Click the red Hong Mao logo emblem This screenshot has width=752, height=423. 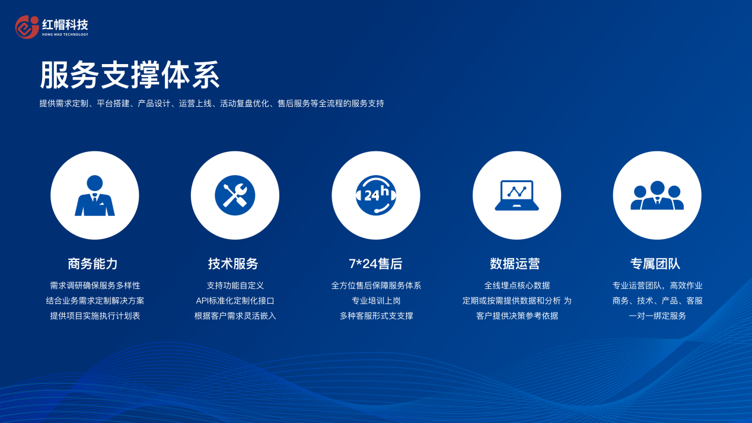click(27, 27)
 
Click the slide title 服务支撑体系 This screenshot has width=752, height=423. click(130, 75)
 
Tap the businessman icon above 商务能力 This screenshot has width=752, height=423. click(95, 195)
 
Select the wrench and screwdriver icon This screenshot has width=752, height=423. click(235, 195)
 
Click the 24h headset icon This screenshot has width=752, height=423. click(376, 195)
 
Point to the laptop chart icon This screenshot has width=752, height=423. click(517, 195)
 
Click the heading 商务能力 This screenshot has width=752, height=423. click(93, 264)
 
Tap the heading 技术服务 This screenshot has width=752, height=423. click(233, 264)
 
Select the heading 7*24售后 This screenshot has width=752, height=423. click(375, 264)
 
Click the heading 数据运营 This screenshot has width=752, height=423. click(515, 264)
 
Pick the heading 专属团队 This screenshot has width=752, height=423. click(655, 264)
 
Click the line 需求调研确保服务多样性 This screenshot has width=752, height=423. click(95, 286)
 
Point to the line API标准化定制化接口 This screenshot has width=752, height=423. click(235, 301)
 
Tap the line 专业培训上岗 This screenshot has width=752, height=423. click(376, 301)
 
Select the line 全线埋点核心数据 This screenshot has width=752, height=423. click(517, 286)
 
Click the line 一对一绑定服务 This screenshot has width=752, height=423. click(657, 316)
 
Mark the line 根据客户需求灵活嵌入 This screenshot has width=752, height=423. click(235, 316)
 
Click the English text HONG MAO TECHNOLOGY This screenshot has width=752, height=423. click(65, 34)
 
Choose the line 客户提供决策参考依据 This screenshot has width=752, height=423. click(517, 316)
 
